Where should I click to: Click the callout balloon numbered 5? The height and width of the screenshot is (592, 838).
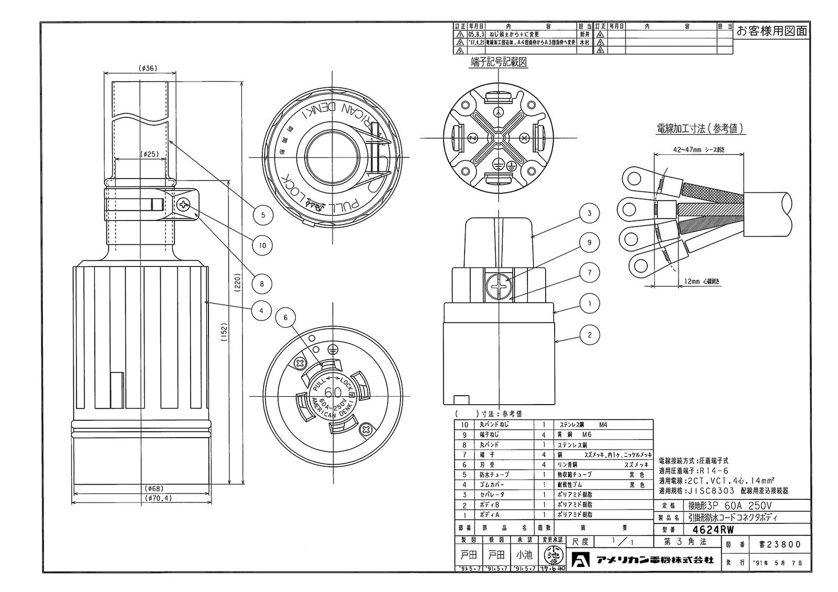coord(262,214)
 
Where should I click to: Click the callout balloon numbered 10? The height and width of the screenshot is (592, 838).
coord(262,244)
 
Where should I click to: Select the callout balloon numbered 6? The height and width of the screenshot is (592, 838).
coord(285,317)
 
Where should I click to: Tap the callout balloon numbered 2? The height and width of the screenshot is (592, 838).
coord(589,335)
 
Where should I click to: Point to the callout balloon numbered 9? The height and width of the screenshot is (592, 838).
coord(589,243)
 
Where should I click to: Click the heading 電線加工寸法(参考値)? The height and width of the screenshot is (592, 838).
coord(701,128)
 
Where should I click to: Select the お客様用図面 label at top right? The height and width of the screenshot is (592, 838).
coord(771,31)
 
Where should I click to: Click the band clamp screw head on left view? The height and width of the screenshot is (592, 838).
coord(184,205)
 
